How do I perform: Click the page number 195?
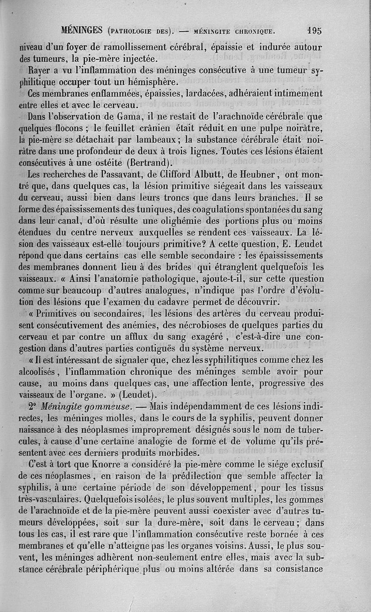click(x=314, y=31)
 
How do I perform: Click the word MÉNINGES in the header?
click(x=82, y=31)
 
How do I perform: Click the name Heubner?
click(x=258, y=175)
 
